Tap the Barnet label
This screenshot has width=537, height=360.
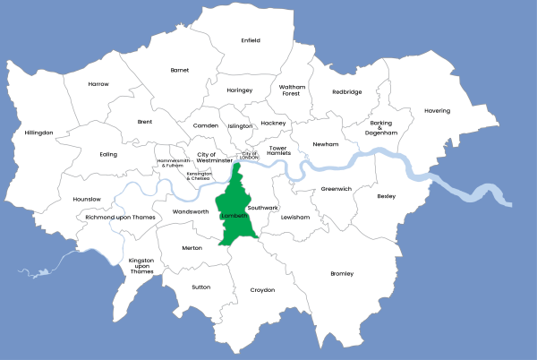[x=180, y=70]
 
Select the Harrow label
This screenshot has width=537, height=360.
[x=98, y=84]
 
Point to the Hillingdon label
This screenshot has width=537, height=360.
[x=39, y=133]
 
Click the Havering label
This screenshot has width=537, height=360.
[x=438, y=111]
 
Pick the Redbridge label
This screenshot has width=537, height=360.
[x=347, y=91]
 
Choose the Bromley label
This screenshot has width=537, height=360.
[x=342, y=273]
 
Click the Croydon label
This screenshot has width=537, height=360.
[x=262, y=290]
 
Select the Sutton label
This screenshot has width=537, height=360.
[x=201, y=287]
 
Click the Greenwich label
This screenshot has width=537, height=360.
[x=337, y=189]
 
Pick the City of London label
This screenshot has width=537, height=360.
[x=250, y=155]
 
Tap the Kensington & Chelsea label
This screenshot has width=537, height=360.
[x=199, y=176]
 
